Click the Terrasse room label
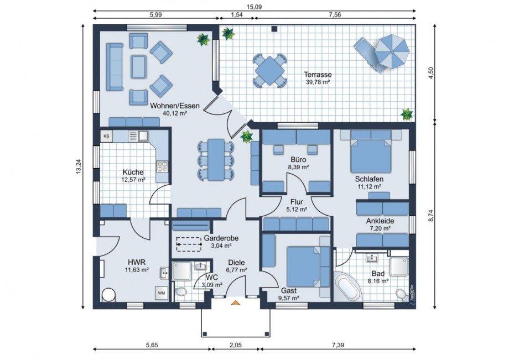point(318,75)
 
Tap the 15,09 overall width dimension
point(254,7)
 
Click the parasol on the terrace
point(391,51)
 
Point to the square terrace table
point(269,70)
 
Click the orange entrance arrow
point(235,303)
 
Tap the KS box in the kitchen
point(106,136)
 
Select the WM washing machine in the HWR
point(162,293)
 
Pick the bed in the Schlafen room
point(370,156)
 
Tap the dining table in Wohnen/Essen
point(216,160)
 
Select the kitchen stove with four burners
point(162,166)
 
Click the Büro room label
point(298,160)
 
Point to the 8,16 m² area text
point(378,281)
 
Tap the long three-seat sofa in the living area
point(115,67)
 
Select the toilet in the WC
point(180,292)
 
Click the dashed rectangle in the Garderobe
point(189,244)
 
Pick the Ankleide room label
point(380,221)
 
